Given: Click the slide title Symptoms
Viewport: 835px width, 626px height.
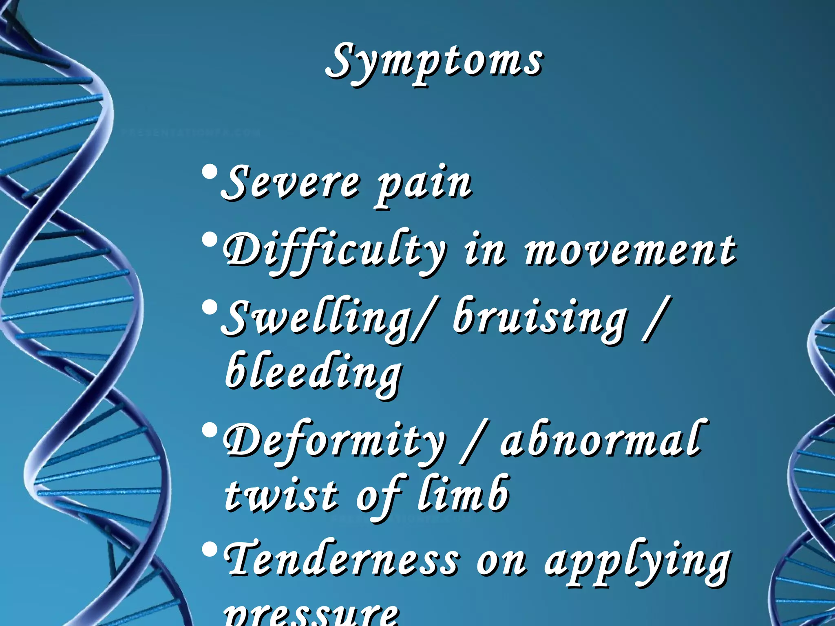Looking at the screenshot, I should [434, 63].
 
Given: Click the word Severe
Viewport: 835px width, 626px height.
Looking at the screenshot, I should [290, 183].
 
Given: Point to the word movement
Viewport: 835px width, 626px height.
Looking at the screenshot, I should [630, 251].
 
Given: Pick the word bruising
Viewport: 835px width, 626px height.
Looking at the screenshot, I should [540, 320].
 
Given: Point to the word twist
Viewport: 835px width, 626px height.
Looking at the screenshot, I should [281, 495].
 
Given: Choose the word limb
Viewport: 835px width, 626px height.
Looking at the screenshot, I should [463, 493].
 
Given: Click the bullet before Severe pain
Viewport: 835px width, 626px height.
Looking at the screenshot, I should [210, 173].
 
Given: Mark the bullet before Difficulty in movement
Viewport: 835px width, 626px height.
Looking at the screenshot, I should [210, 240].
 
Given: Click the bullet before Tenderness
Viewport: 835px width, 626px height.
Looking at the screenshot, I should [210, 550].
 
